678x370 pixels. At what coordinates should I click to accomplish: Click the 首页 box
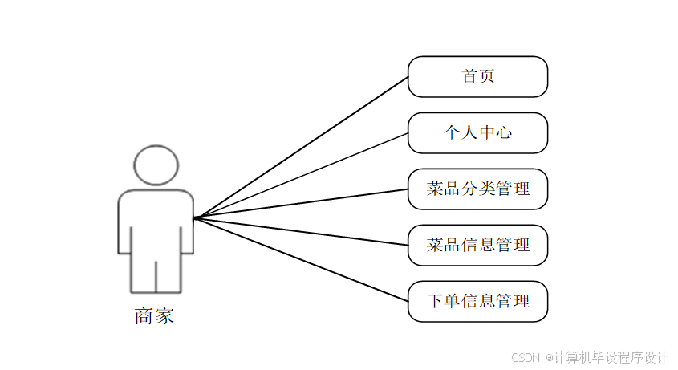click(477, 77)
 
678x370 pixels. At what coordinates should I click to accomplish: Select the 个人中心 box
click(477, 133)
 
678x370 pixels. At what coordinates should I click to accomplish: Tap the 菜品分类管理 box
click(477, 189)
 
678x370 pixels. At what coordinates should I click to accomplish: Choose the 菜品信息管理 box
click(477, 246)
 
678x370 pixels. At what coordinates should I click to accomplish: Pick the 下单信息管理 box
click(477, 302)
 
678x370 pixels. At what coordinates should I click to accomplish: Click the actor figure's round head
click(156, 165)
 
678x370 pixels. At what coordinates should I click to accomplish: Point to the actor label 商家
click(154, 316)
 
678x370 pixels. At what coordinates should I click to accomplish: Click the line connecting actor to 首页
click(302, 147)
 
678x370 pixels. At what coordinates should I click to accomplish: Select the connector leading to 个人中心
click(302, 175)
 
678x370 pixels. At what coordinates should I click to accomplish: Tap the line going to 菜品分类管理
click(302, 203)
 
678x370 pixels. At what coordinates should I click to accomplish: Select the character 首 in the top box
click(469, 77)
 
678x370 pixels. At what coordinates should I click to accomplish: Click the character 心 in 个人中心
click(504, 133)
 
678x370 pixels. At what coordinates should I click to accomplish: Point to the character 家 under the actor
click(164, 316)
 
